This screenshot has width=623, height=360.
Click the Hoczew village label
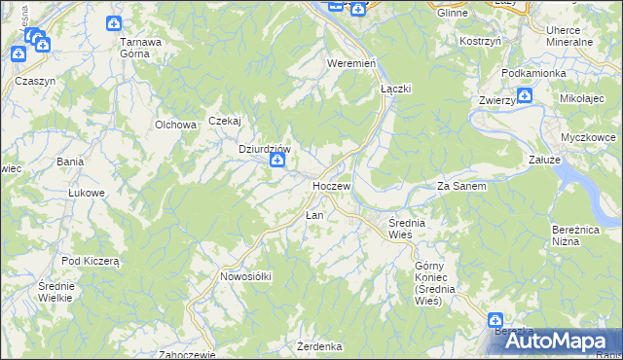331,185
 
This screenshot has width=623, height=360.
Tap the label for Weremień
351,62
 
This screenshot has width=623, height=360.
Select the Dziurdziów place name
266,149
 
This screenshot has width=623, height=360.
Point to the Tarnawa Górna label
140,48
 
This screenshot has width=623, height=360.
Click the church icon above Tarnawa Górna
115,23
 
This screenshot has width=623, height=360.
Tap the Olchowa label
176,125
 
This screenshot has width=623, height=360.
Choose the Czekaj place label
224,121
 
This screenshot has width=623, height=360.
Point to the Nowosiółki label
245,276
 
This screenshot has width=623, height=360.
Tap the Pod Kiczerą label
90,261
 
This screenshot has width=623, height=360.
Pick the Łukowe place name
86,193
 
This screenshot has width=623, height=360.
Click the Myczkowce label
588,137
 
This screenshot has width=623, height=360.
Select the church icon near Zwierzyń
525,95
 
